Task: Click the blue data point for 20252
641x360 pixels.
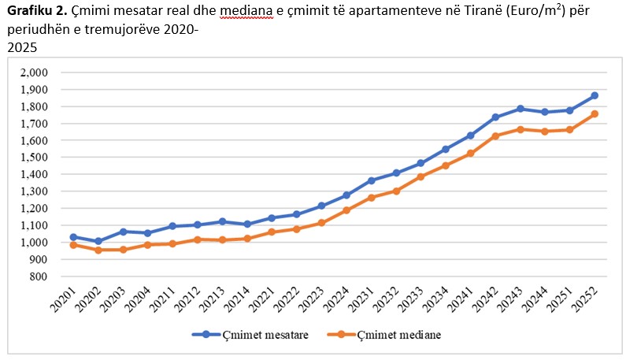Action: click(x=595, y=95)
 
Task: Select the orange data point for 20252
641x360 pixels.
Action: click(x=595, y=113)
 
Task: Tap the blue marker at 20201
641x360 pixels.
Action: click(x=74, y=236)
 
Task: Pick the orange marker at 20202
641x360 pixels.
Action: click(x=98, y=250)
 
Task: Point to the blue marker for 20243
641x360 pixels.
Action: click(x=521, y=109)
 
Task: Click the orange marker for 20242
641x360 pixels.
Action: click(x=495, y=135)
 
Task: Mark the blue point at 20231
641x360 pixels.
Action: click(x=372, y=180)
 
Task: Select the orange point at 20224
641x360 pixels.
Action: click(x=346, y=210)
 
